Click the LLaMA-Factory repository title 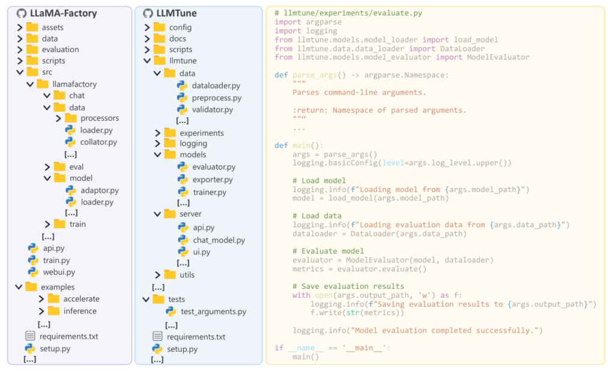click(x=63, y=13)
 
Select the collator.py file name click(x=98, y=142)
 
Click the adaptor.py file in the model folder click(x=99, y=190)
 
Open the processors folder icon click(x=70, y=118)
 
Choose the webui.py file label click(x=59, y=272)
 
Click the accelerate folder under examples click(x=81, y=299)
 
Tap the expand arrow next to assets click(x=20, y=28)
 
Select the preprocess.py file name click(x=216, y=98)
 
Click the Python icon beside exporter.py click(x=183, y=179)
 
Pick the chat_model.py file click(x=219, y=240)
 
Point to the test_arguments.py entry click(x=213, y=312)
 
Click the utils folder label click(x=187, y=275)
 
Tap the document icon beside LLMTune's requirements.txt click(x=157, y=337)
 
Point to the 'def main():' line click(x=298, y=145)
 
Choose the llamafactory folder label click(x=74, y=84)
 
